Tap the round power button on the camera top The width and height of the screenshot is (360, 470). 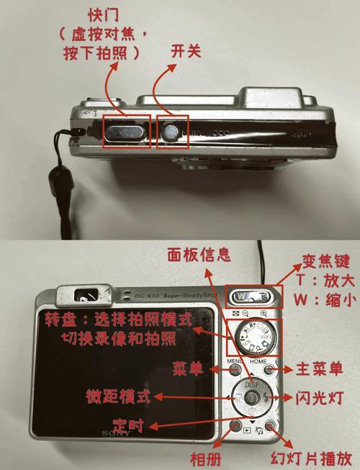[x=171, y=132]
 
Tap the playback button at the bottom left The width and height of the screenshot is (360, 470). [x=235, y=426]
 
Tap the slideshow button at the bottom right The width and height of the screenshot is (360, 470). [x=269, y=426]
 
